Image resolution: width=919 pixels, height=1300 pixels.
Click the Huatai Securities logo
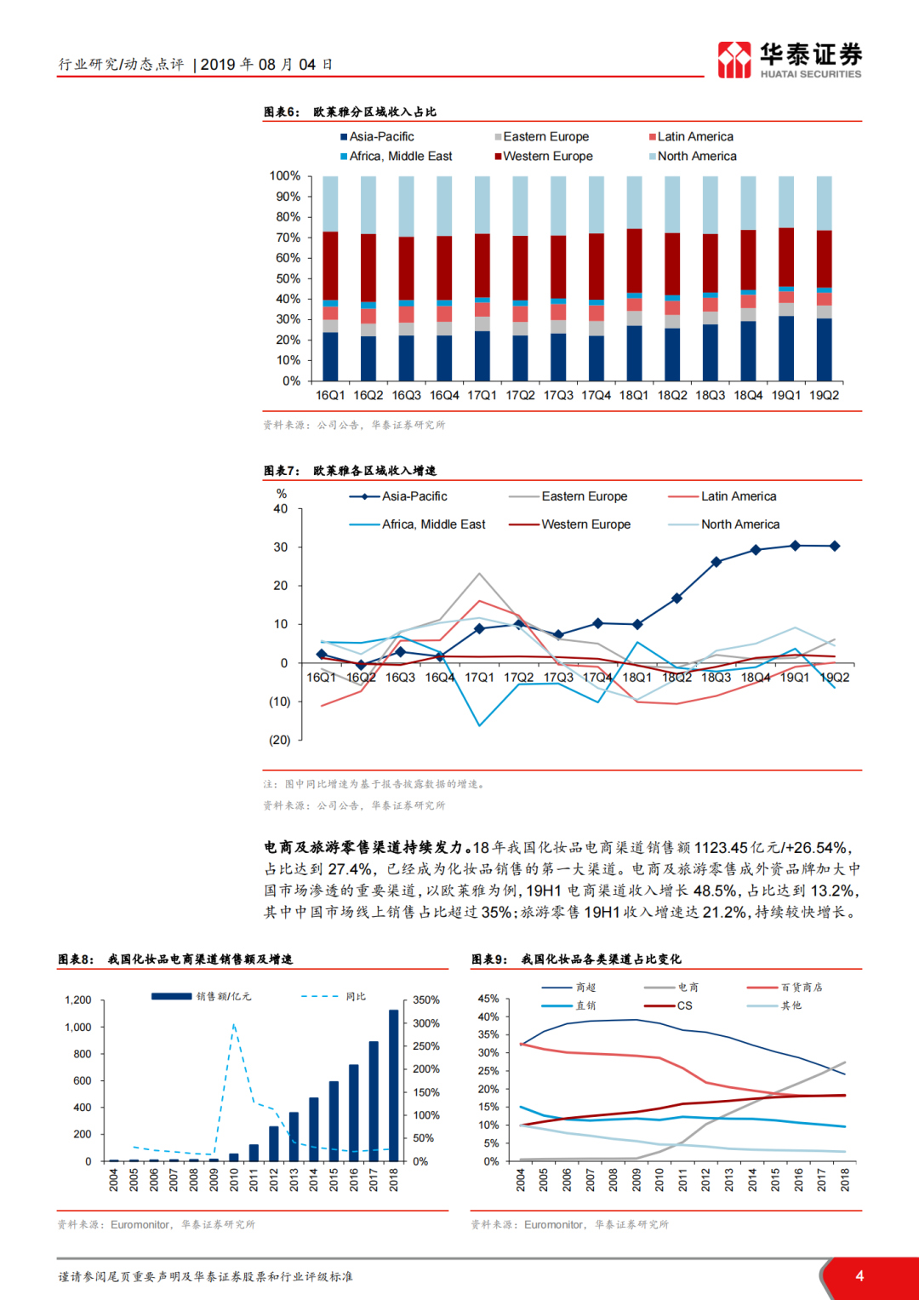click(789, 60)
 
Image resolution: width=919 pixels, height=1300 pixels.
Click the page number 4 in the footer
click(859, 1275)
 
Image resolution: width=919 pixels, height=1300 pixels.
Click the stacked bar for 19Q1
click(786, 278)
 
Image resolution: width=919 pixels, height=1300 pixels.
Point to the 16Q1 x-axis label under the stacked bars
click(330, 395)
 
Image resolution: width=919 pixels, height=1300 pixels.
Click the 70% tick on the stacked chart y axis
click(288, 238)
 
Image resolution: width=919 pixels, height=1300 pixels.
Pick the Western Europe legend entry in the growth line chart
click(570, 524)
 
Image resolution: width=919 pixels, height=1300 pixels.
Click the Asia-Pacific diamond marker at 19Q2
click(835, 547)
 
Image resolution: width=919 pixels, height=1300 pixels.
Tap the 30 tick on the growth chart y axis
click(281, 547)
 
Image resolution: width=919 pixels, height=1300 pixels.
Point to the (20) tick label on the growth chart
click(280, 740)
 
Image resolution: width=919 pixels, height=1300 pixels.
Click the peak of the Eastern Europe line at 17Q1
click(480, 574)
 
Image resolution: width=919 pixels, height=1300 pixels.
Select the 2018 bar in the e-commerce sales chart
click(393, 1085)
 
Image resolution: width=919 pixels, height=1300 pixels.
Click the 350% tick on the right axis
click(426, 1000)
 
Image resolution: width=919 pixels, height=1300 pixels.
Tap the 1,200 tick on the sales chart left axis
click(78, 1000)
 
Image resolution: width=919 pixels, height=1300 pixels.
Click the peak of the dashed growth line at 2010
click(234, 1024)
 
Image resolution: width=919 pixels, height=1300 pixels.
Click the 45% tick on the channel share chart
click(488, 999)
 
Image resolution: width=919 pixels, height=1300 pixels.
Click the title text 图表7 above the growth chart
click(281, 471)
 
